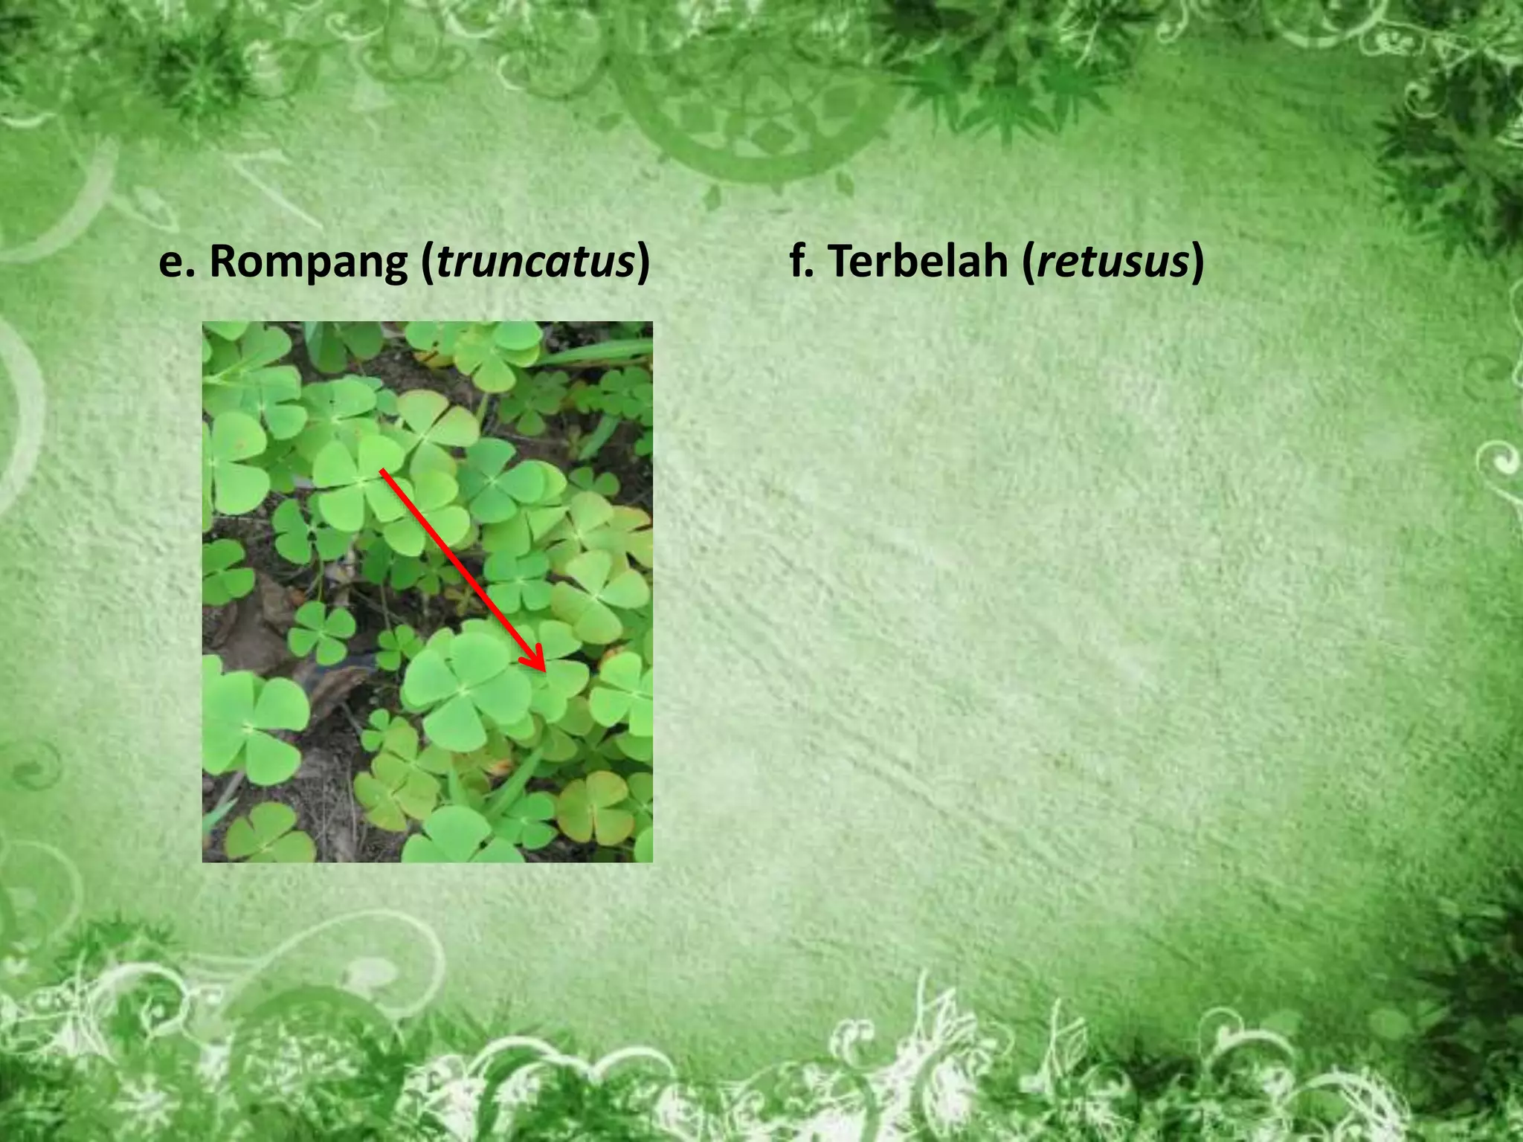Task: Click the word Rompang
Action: coord(307,262)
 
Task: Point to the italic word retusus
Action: coord(1112,262)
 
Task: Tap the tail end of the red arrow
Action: coord(383,471)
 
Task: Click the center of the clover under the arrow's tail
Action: coord(362,481)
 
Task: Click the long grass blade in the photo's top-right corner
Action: coord(595,353)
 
